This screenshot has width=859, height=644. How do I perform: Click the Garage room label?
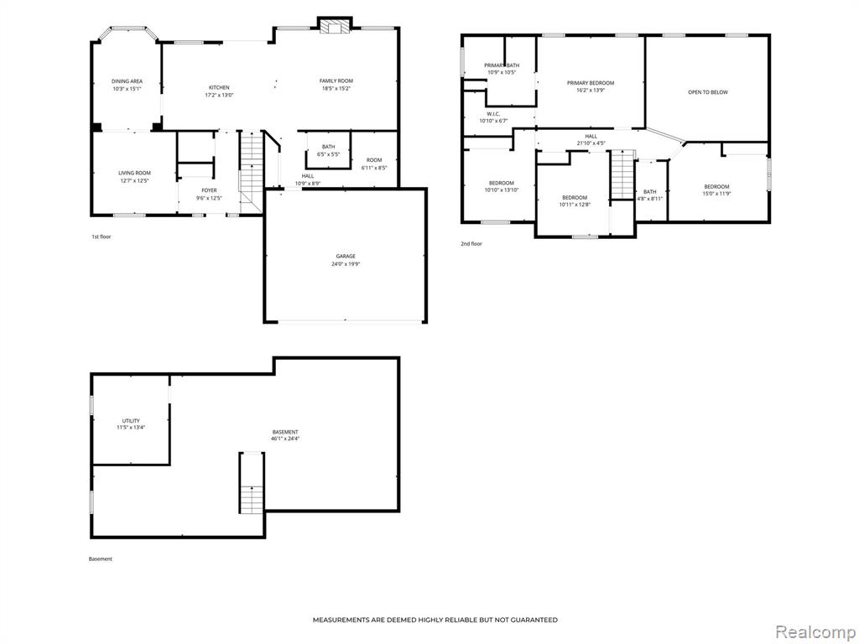pos(346,257)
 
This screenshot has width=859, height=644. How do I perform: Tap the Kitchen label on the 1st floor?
pos(219,87)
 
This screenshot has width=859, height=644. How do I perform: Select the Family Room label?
pos(336,81)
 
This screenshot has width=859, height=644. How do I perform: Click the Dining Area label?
pos(128,81)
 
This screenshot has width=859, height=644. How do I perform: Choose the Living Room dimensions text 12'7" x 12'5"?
pos(135,180)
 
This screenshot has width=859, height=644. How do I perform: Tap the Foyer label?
pos(209,190)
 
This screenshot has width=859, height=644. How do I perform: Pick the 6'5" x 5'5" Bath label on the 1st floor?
pos(328,151)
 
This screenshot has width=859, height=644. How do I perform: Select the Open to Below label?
pos(708,92)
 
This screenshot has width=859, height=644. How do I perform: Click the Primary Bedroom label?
pos(590,83)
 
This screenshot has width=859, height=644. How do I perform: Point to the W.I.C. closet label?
pos(493,114)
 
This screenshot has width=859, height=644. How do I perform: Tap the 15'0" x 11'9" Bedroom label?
pos(716,190)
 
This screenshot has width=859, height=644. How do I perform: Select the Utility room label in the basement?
pos(131,421)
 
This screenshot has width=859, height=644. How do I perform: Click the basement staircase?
pos(252,482)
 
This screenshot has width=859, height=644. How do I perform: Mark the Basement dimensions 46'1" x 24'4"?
pos(285,439)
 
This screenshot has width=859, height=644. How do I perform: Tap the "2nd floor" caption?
pos(471,244)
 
